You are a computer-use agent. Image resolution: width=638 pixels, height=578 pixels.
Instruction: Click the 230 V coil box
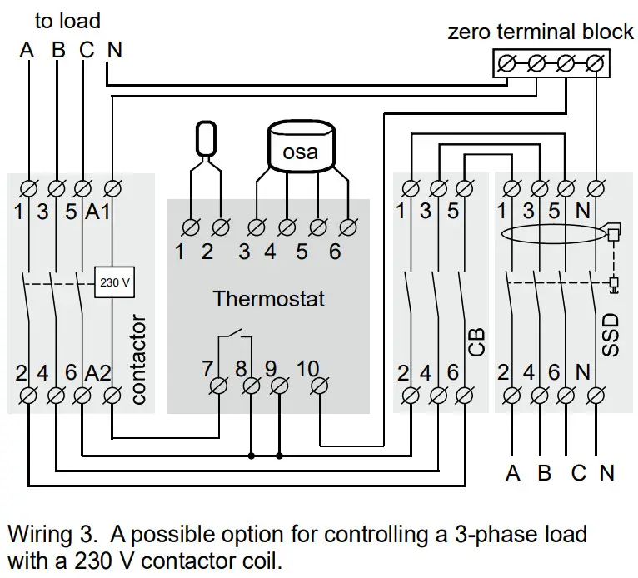tap(115, 282)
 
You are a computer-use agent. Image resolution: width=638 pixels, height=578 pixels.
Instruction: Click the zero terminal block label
tap(541, 32)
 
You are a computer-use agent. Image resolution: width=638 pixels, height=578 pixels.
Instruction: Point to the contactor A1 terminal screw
tap(114, 185)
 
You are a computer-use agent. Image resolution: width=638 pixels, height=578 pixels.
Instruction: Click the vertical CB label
tap(477, 341)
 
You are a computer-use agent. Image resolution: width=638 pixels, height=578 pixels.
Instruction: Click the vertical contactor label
tap(138, 359)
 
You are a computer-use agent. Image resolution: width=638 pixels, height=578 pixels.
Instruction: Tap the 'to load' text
tap(67, 20)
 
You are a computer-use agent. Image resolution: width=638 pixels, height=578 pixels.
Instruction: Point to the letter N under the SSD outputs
tap(606, 473)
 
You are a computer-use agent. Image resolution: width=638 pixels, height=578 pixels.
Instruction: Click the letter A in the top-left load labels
tap(27, 50)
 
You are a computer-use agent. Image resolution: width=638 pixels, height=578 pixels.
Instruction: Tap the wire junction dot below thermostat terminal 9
tap(279, 456)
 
